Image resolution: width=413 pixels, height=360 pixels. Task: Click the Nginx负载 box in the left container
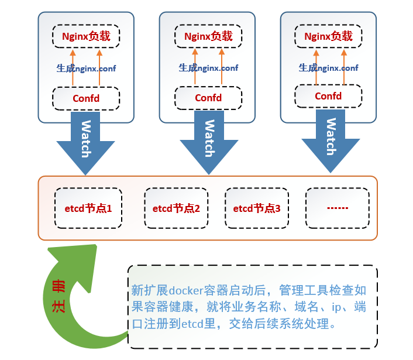click(x=86, y=36)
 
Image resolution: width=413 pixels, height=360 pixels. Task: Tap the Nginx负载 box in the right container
click(x=328, y=36)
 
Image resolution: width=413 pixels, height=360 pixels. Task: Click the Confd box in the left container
click(x=86, y=98)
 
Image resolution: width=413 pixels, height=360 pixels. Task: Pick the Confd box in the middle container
click(x=208, y=98)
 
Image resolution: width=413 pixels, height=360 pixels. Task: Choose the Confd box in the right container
click(x=328, y=96)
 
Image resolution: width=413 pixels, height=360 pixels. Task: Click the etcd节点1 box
click(x=88, y=208)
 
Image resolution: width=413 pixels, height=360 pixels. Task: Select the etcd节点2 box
click(x=176, y=208)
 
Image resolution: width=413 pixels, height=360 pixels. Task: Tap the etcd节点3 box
click(x=257, y=208)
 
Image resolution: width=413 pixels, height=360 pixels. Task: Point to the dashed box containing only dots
click(x=337, y=208)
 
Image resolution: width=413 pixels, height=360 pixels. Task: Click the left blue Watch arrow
click(x=85, y=140)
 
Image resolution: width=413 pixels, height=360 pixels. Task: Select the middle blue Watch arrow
click(x=208, y=140)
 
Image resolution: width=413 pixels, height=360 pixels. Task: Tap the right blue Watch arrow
click(x=331, y=140)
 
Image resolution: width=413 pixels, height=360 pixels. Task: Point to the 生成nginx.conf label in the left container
click(x=86, y=68)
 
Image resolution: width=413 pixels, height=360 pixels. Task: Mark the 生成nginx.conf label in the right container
click(x=328, y=68)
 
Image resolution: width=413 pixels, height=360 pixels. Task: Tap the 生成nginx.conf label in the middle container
click(x=208, y=68)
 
